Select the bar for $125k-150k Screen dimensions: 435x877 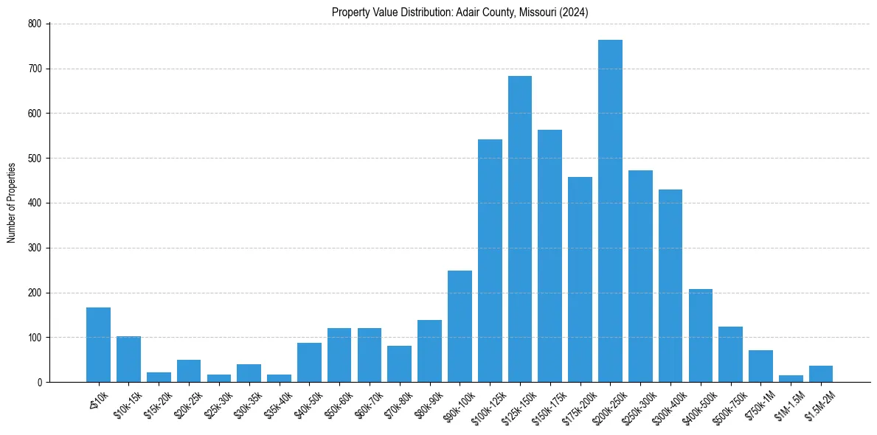pyautogui.click(x=519, y=229)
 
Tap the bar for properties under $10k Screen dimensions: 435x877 pyautogui.click(x=98, y=345)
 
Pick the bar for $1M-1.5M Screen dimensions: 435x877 pyautogui.click(x=791, y=378)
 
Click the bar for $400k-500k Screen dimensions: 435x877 pyautogui.click(x=700, y=335)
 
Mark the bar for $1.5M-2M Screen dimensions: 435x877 pyautogui.click(x=820, y=374)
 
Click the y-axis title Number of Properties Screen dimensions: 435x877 pyautogui.click(x=11, y=203)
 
